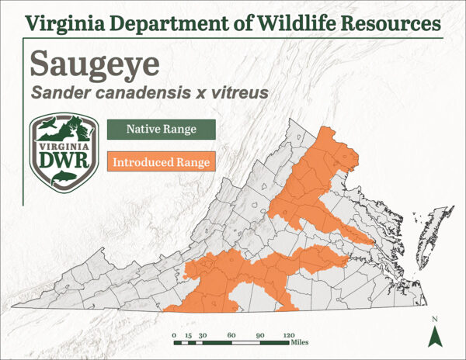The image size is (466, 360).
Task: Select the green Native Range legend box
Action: [x=162, y=129]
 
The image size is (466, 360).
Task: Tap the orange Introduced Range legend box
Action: [x=161, y=163]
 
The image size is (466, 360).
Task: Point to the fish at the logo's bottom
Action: [x=61, y=180]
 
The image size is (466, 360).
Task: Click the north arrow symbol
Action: [x=435, y=336]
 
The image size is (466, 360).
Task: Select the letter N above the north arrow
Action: [x=435, y=320]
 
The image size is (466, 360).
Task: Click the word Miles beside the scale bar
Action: [x=301, y=342]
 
